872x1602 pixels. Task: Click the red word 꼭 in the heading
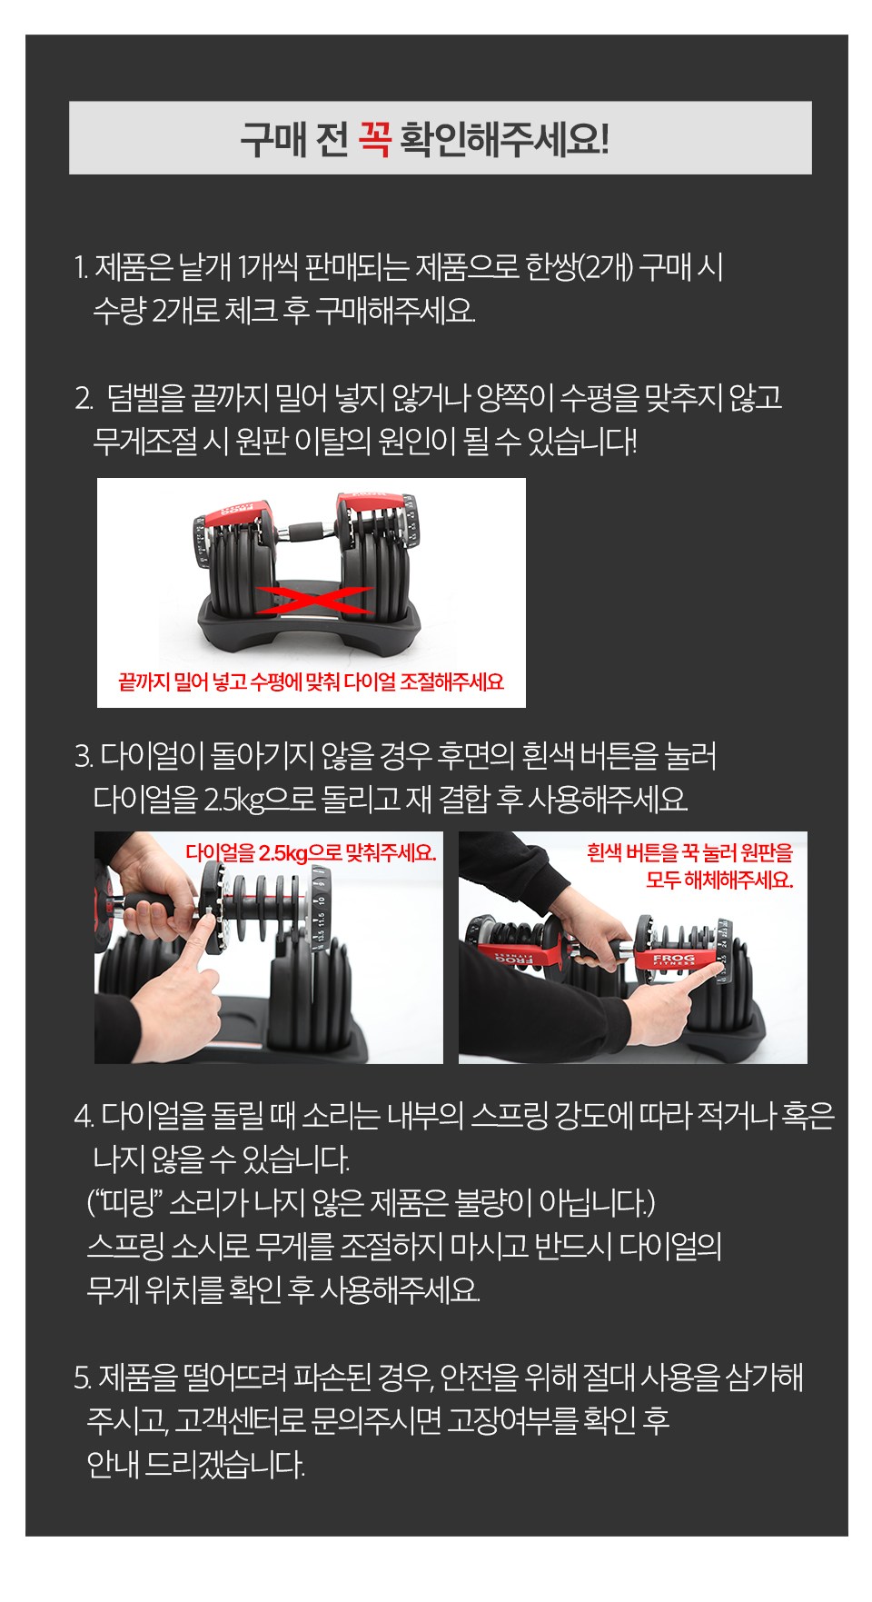pyautogui.click(x=374, y=138)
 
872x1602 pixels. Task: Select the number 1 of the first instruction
pyautogui.click(x=80, y=268)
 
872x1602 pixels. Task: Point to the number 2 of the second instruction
pyautogui.click(x=84, y=398)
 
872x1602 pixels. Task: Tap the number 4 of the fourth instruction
pyautogui.click(x=84, y=1115)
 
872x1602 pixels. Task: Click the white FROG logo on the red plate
pyautogui.click(x=673, y=958)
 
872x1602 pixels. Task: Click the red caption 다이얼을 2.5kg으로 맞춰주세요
pyautogui.click(x=311, y=852)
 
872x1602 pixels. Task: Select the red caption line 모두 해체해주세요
pyautogui.click(x=719, y=880)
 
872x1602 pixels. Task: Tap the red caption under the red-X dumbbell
pyautogui.click(x=311, y=682)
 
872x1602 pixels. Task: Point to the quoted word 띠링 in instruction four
pyautogui.click(x=126, y=1202)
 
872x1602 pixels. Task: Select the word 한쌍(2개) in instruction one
pyautogui.click(x=579, y=267)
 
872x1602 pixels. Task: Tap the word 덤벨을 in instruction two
pyautogui.click(x=145, y=397)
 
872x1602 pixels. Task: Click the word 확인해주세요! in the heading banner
pyautogui.click(x=504, y=139)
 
